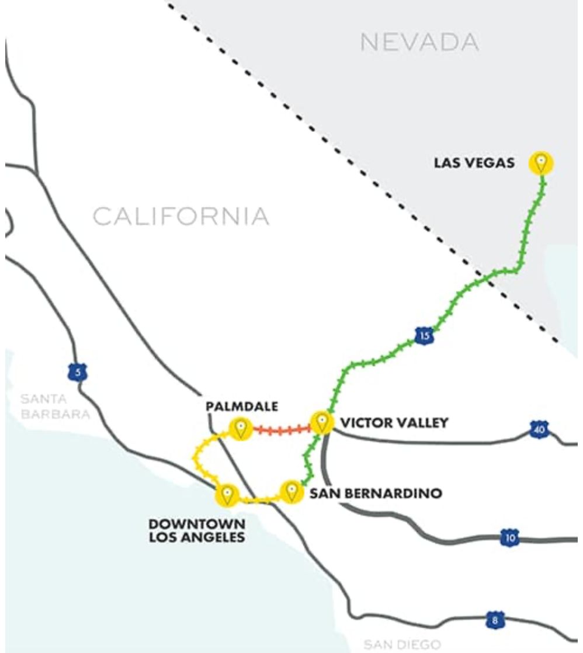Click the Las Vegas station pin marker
point(541,163)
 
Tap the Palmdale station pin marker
point(240,429)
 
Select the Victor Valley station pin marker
point(321,422)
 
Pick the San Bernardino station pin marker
point(291,492)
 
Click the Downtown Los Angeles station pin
point(227,495)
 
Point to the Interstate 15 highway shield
point(424,335)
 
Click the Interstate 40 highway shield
point(539,430)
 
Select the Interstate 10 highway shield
point(510,537)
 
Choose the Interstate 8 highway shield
point(495,620)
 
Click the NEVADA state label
point(419,42)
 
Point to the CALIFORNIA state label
point(181,217)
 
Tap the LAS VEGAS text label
point(474,163)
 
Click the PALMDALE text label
point(242,406)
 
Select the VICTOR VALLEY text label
point(394,422)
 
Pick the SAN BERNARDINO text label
point(375,494)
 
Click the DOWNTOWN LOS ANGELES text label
point(196,530)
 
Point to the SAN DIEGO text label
point(402,645)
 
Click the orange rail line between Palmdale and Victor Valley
point(281,430)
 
